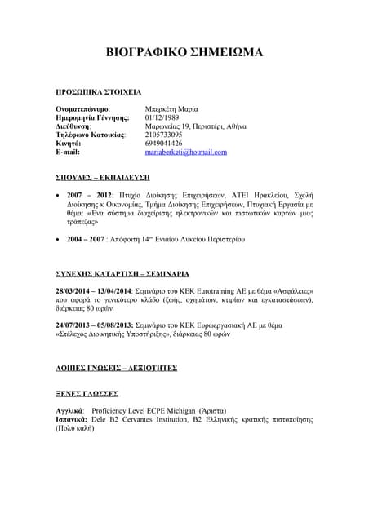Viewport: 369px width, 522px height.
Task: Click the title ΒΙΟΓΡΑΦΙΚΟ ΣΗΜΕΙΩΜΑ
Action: pyautogui.click(x=184, y=53)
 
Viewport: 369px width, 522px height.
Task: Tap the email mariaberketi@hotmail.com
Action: pyautogui.click(x=185, y=152)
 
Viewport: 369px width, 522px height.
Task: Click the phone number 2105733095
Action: pyautogui.click(x=164, y=134)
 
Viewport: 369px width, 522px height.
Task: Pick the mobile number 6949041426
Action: pyautogui.click(x=164, y=143)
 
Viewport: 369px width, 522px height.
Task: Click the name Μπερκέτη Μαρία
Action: pyautogui.click(x=171, y=108)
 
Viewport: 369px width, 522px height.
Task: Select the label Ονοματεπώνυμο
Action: pyautogui.click(x=82, y=108)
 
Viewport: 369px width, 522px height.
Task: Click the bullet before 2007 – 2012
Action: pyautogui.click(x=58, y=197)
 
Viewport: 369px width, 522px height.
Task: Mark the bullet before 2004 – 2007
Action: pyautogui.click(x=58, y=240)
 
